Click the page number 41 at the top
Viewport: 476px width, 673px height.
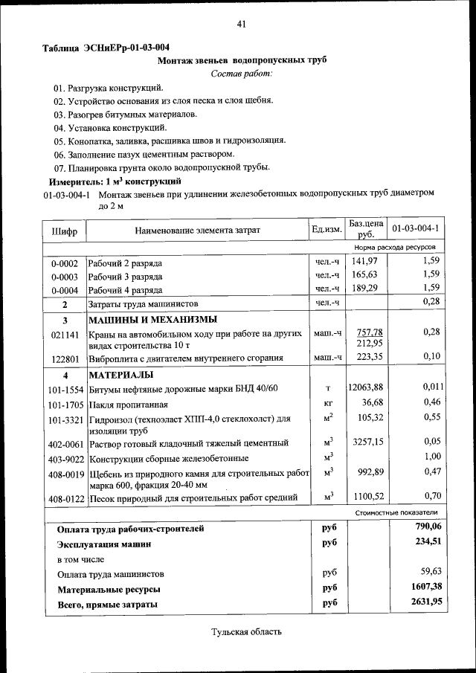coord(242,24)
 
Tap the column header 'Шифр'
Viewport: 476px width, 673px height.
coord(65,231)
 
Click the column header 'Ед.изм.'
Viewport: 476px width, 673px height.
coord(327,230)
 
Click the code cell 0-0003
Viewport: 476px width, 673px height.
coord(65,276)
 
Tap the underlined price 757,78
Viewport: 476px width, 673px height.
coord(369,332)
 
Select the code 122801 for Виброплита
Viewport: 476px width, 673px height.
coord(65,358)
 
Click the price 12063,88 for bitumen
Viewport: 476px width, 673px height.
coord(365,387)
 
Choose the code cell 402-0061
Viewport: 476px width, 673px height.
coord(65,443)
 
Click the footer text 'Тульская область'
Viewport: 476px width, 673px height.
coord(247,632)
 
